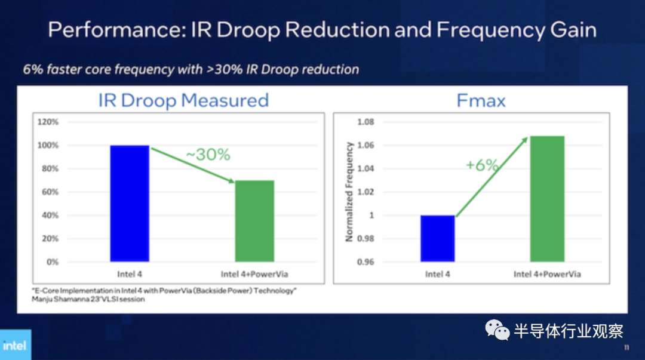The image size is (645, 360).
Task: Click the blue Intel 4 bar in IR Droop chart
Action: pyautogui.click(x=130, y=203)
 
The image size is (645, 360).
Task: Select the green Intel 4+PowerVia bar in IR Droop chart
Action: pyautogui.click(x=254, y=221)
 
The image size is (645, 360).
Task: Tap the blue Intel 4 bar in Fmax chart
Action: pyautogui.click(x=437, y=238)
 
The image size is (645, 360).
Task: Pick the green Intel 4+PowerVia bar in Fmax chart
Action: pyautogui.click(x=547, y=199)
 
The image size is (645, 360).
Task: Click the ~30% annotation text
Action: pyautogui.click(x=207, y=155)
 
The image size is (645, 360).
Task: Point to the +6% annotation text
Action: pyautogui.click(x=482, y=165)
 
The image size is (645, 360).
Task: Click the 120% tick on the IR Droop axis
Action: pyautogui.click(x=48, y=122)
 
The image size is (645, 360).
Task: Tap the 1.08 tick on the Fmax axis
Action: pyautogui.click(x=365, y=122)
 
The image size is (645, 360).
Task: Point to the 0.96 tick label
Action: pyautogui.click(x=365, y=261)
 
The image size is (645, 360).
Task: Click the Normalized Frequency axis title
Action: pyautogui.click(x=349, y=192)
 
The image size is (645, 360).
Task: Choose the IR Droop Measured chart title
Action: pyautogui.click(x=183, y=100)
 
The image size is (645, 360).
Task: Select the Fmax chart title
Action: pyautogui.click(x=481, y=100)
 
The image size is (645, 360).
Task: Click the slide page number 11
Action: pyautogui.click(x=626, y=347)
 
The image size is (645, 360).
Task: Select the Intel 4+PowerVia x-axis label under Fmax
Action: pyautogui.click(x=547, y=274)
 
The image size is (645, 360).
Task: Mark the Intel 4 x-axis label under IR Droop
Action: pyautogui.click(x=130, y=274)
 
